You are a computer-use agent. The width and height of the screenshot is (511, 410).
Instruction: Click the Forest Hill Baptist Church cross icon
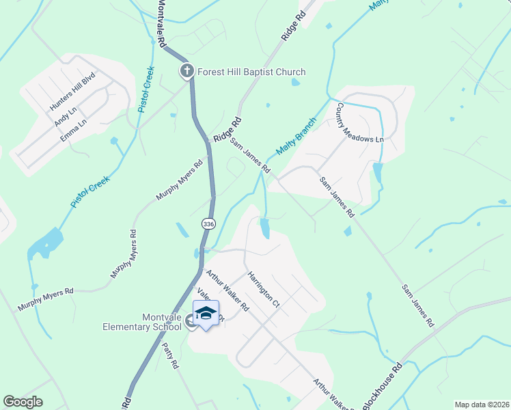pos(187,71)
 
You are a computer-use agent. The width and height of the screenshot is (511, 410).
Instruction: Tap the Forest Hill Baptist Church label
pos(251,72)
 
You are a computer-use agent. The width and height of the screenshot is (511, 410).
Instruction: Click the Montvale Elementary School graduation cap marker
pos(206,314)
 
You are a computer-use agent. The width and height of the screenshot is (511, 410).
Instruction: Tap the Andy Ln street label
pos(66,115)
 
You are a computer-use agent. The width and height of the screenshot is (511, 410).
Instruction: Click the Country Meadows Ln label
pos(359,123)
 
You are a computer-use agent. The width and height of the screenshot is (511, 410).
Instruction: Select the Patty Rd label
pos(171,355)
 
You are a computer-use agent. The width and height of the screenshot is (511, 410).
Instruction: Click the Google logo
pos(23,402)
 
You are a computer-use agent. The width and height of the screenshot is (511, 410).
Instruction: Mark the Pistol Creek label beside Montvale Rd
pos(146,90)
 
